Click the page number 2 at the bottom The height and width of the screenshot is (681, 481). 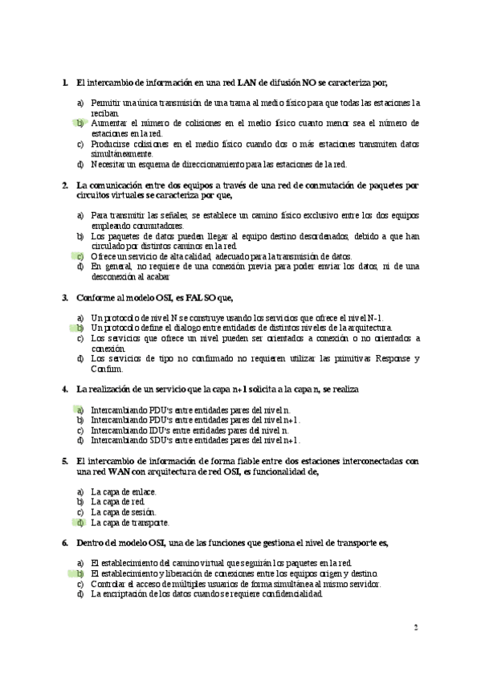(x=416, y=627)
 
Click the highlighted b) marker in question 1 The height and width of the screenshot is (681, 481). (x=79, y=124)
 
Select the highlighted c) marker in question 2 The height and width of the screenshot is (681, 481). (x=79, y=256)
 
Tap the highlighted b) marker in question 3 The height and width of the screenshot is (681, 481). (x=79, y=328)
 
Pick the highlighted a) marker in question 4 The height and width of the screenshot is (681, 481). (x=79, y=410)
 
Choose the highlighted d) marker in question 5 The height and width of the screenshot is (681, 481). (x=79, y=521)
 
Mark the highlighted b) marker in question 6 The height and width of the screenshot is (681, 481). (x=79, y=574)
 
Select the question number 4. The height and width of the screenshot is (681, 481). (x=65, y=389)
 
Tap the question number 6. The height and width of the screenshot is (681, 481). (x=65, y=544)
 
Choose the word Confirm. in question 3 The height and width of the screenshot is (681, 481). (x=106, y=369)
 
